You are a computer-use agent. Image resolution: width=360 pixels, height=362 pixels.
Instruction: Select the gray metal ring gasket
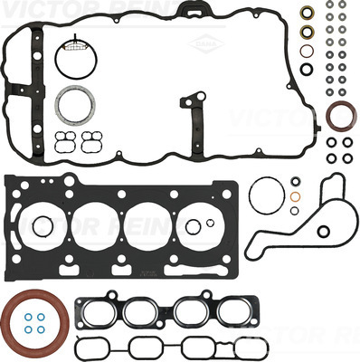click(71, 106)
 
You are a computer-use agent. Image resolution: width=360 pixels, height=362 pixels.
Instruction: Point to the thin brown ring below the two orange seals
click(308, 49)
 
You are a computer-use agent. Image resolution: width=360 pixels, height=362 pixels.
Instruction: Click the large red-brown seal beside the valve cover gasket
click(341, 117)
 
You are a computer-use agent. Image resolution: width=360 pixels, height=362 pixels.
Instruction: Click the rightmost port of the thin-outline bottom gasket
click(247, 348)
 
